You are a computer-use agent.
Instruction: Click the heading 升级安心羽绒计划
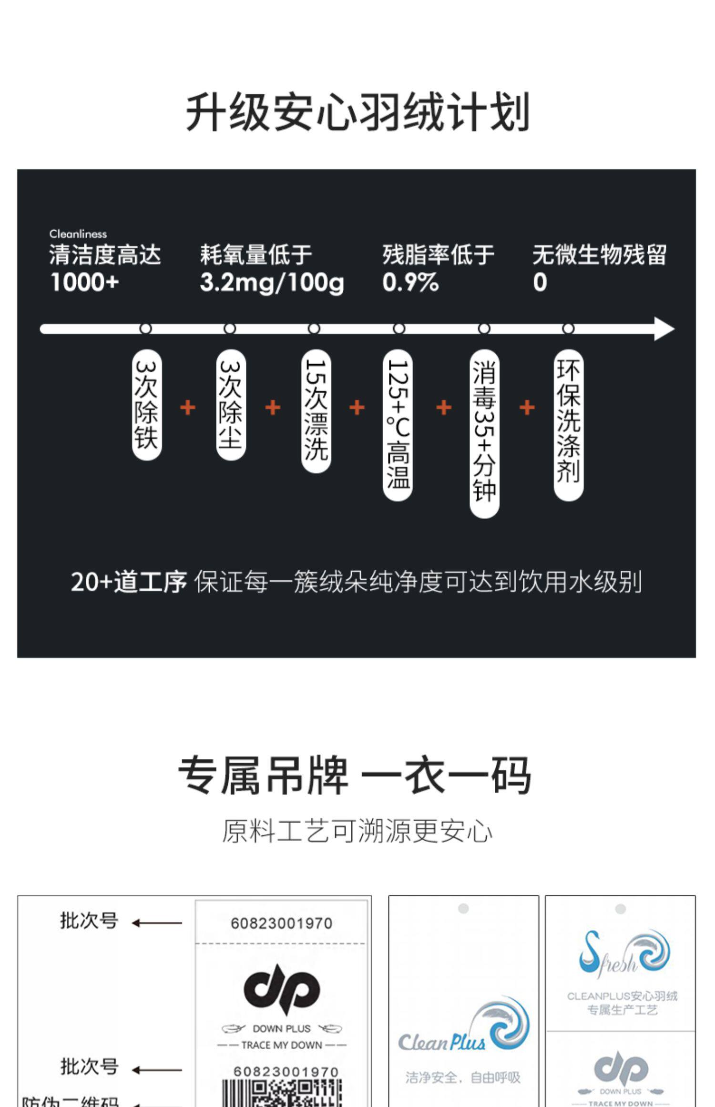point(357,113)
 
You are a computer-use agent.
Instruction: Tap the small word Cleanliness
point(78,234)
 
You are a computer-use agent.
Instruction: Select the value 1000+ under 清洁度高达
point(84,282)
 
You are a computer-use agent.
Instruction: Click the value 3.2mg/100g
point(272,282)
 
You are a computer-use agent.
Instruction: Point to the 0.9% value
point(410,282)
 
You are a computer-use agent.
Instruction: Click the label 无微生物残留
point(599,255)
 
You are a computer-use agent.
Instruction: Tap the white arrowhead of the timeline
point(664,329)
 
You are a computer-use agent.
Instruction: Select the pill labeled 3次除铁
point(146,405)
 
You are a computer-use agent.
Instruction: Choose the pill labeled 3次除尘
point(231,405)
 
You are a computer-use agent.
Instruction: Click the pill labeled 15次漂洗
point(316,411)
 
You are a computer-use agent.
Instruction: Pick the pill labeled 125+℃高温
point(398,424)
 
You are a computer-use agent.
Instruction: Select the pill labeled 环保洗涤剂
point(568,424)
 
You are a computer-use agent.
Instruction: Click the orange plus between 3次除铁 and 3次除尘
point(188,408)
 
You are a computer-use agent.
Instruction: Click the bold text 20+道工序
point(128,582)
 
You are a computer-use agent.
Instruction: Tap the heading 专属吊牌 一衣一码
point(355,776)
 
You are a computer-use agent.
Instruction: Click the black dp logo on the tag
point(282,990)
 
